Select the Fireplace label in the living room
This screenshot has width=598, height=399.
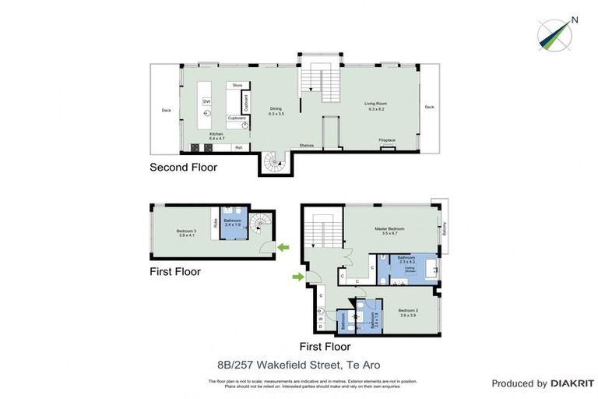tap(387, 140)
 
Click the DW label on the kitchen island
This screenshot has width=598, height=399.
tap(206, 101)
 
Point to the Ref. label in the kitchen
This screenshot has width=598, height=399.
tap(239, 147)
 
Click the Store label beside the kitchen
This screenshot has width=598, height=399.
tap(237, 84)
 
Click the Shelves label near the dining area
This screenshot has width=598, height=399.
tap(308, 145)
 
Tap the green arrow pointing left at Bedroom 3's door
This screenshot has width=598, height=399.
tap(284, 248)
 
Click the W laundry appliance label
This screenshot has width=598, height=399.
tap(320, 317)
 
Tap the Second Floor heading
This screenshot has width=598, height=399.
tap(183, 168)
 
